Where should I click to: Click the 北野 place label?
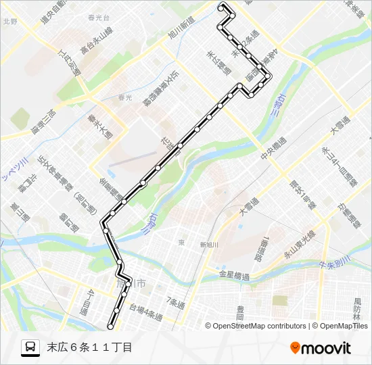pyautogui.click(x=9, y=21)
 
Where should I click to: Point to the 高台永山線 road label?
pyautogui.click(x=95, y=43)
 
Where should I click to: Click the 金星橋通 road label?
pyautogui.click(x=235, y=276)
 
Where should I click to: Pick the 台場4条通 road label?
pyautogui.click(x=146, y=311)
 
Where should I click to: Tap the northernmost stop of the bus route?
pyautogui.click(x=223, y=6)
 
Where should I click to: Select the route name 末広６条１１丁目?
pyautogui.click(x=89, y=347)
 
